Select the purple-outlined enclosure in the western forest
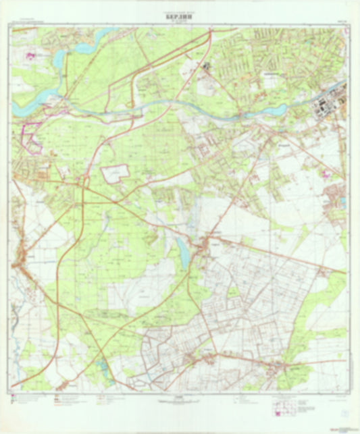point(114,173)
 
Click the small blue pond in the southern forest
point(102,369)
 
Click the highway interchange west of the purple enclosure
point(82,180)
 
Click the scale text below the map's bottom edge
point(180,398)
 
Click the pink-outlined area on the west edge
point(30,135)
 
